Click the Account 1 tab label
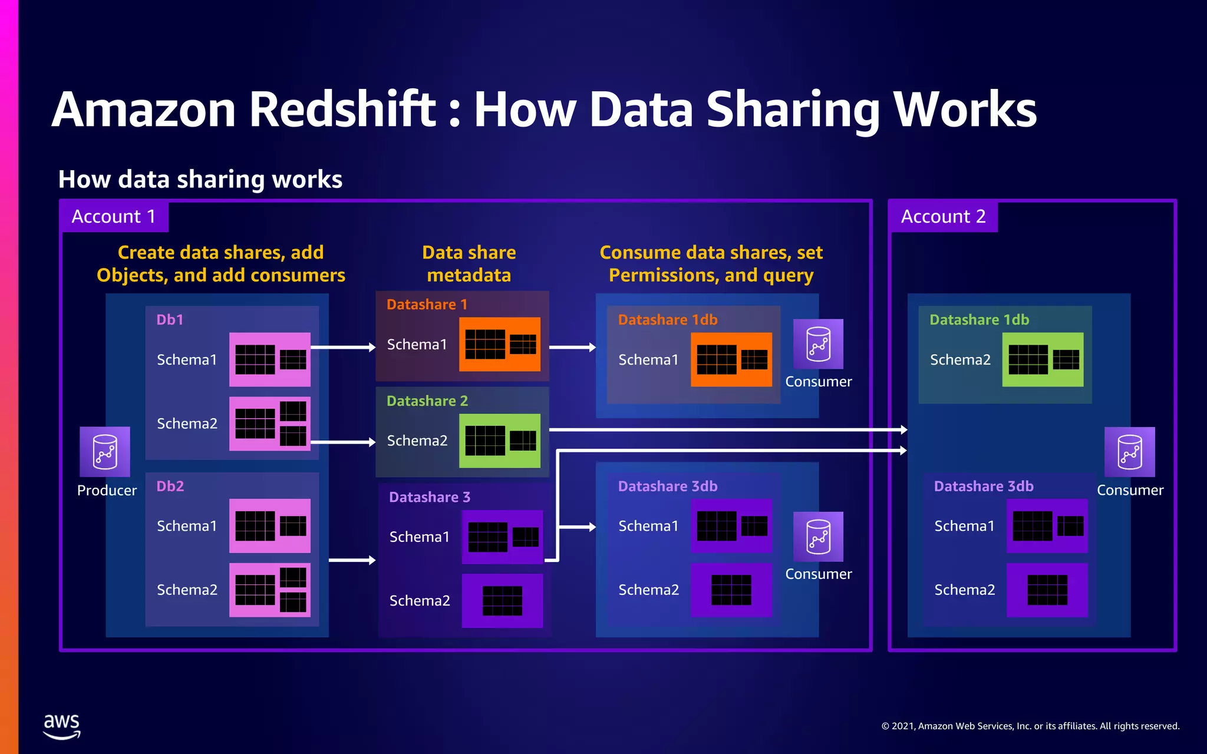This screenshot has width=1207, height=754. coord(114,217)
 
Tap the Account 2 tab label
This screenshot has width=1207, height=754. coord(943,217)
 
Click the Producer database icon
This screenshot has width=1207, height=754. coord(105,452)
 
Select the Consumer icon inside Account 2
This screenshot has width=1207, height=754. coord(1129,452)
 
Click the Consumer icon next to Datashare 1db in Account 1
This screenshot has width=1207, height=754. coord(818,344)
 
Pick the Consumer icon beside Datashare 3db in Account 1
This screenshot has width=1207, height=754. coord(818,537)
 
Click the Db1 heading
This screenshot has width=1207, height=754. coord(170,320)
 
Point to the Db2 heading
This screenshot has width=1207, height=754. coord(170,487)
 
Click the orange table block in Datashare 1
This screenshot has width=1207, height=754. coord(500,345)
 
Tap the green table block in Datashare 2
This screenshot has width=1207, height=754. coord(500,441)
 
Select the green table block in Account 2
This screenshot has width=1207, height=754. coord(1043,359)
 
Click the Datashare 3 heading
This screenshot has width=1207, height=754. coord(429,497)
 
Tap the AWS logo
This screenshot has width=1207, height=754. coord(61,726)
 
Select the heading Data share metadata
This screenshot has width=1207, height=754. coord(469,264)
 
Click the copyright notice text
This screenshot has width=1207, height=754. coord(1030,726)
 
